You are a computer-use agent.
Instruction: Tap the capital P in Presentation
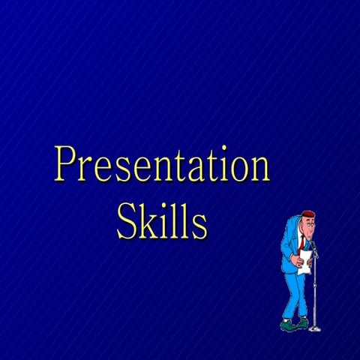(x=67, y=165)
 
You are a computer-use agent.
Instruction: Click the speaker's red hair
(x=307, y=213)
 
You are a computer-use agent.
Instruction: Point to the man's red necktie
(x=301, y=242)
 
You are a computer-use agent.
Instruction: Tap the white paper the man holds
(x=305, y=262)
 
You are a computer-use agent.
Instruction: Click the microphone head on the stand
(x=314, y=244)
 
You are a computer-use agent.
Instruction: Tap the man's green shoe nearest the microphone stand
(x=301, y=322)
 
